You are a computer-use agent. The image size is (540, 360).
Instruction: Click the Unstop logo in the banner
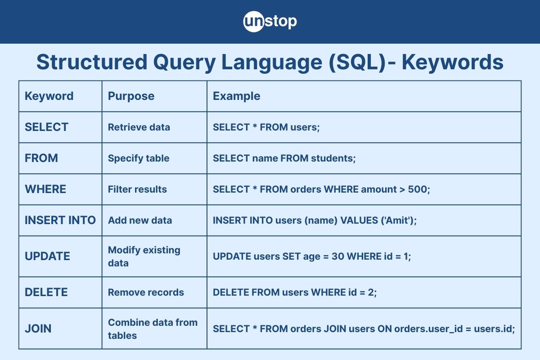pyautogui.click(x=270, y=22)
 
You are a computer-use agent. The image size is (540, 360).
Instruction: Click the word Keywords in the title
pyautogui.click(x=452, y=63)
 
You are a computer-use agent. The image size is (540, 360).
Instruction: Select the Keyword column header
pyautogui.click(x=49, y=96)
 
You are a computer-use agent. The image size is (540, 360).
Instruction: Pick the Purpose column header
pyautogui.click(x=131, y=96)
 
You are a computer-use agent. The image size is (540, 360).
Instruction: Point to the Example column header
pyautogui.click(x=236, y=96)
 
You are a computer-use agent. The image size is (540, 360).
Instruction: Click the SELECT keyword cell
pyautogui.click(x=46, y=127)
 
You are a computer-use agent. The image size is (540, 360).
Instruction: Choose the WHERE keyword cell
pyautogui.click(x=45, y=189)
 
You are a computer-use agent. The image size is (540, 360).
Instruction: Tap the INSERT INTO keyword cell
pyautogui.click(x=60, y=220)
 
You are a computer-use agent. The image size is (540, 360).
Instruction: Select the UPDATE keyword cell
pyautogui.click(x=47, y=256)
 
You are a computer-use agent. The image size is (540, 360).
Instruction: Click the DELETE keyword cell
pyautogui.click(x=46, y=292)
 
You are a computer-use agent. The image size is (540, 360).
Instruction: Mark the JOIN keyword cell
pyautogui.click(x=38, y=328)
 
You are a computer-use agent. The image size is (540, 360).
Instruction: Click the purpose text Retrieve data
pyautogui.click(x=139, y=127)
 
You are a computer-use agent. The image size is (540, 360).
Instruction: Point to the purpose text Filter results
pyautogui.click(x=137, y=189)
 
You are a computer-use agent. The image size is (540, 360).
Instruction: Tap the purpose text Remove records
pyautogui.click(x=146, y=292)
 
